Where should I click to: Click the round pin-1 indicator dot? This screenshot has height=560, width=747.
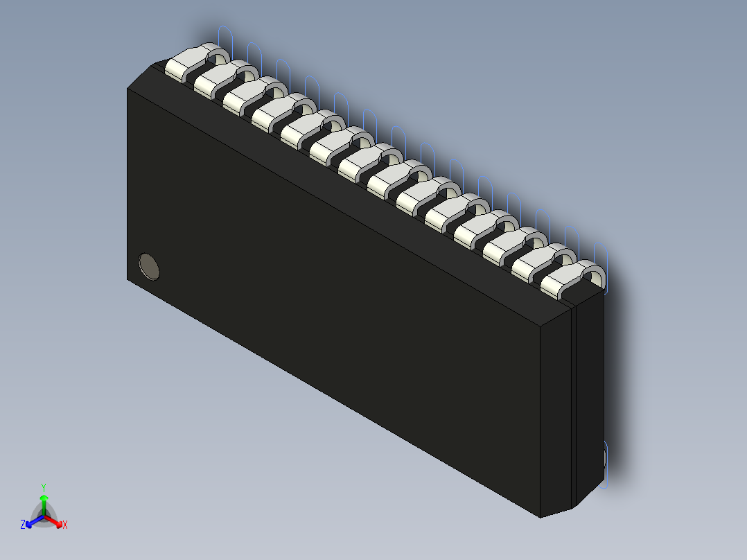(149, 266)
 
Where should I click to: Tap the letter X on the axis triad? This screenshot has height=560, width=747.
(65, 525)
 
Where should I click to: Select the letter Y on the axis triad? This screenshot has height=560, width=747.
(44, 487)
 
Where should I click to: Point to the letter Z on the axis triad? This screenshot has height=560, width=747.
(23, 525)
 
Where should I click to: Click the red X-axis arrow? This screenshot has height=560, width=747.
(55, 520)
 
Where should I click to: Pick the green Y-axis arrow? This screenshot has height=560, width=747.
(44, 502)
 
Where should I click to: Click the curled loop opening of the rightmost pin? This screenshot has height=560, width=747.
(593, 277)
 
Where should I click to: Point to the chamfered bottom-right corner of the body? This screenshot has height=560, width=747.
(557, 512)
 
